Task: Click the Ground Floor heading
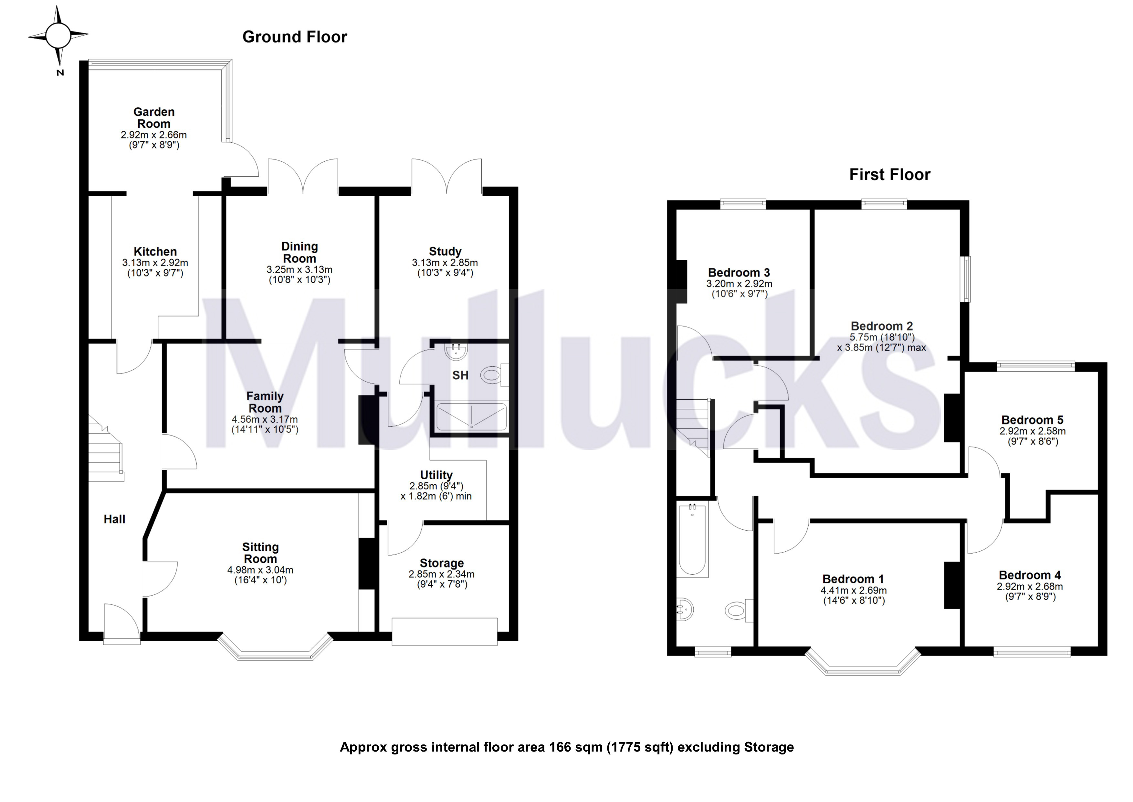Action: [x=295, y=37]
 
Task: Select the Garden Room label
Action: [x=154, y=118]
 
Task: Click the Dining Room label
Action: [x=299, y=252]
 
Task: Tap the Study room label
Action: [x=445, y=251]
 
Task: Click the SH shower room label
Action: [x=460, y=375]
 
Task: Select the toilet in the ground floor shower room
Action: [x=492, y=375]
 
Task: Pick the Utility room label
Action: [x=436, y=475]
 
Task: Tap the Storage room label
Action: [x=442, y=563]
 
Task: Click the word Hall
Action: [x=114, y=519]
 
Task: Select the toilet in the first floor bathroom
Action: [x=736, y=611]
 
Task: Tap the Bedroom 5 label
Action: [x=1032, y=420]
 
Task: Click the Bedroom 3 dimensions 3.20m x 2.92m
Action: [x=739, y=284]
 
